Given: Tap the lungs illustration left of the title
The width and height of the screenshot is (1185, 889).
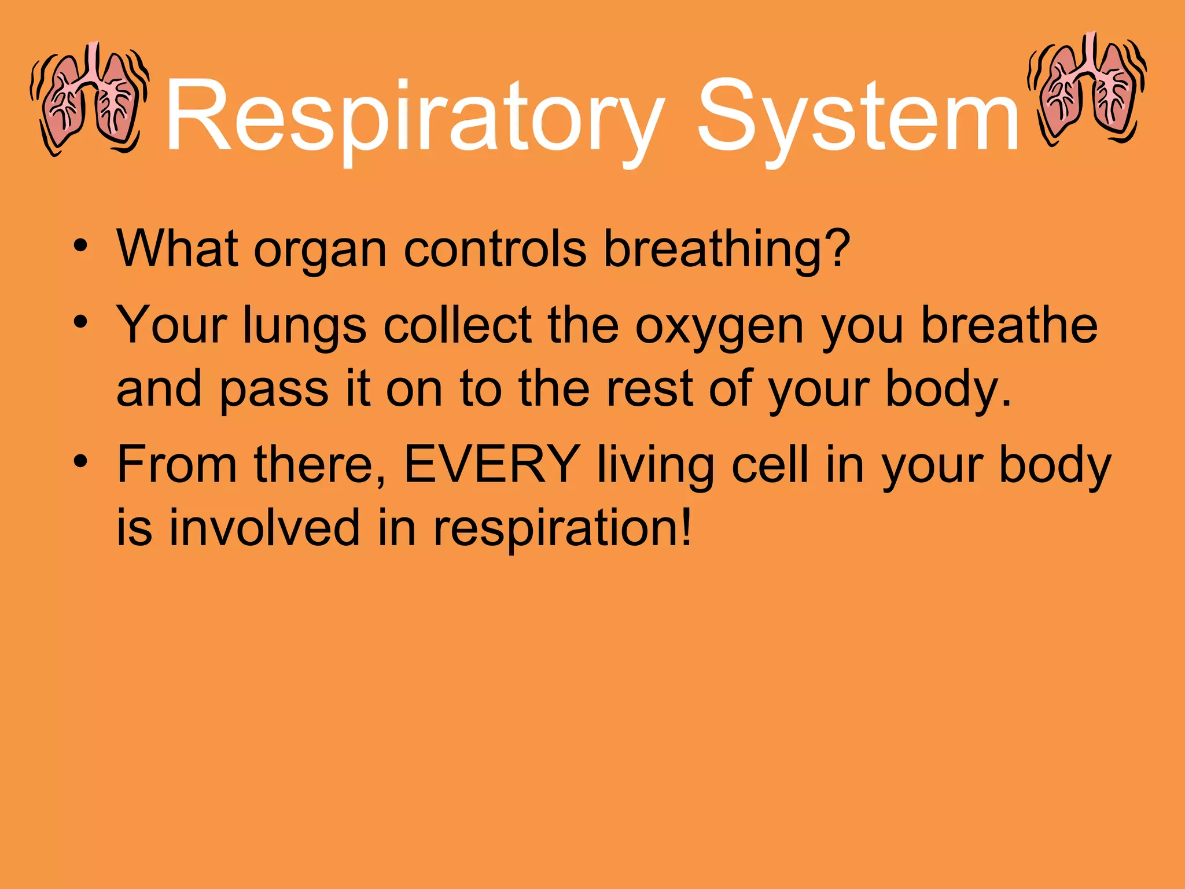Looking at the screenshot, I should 90,98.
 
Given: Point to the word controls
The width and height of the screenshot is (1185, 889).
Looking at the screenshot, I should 495,249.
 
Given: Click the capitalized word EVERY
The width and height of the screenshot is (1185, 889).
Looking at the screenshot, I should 492,464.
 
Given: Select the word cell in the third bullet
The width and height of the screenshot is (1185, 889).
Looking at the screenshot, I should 770,464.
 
